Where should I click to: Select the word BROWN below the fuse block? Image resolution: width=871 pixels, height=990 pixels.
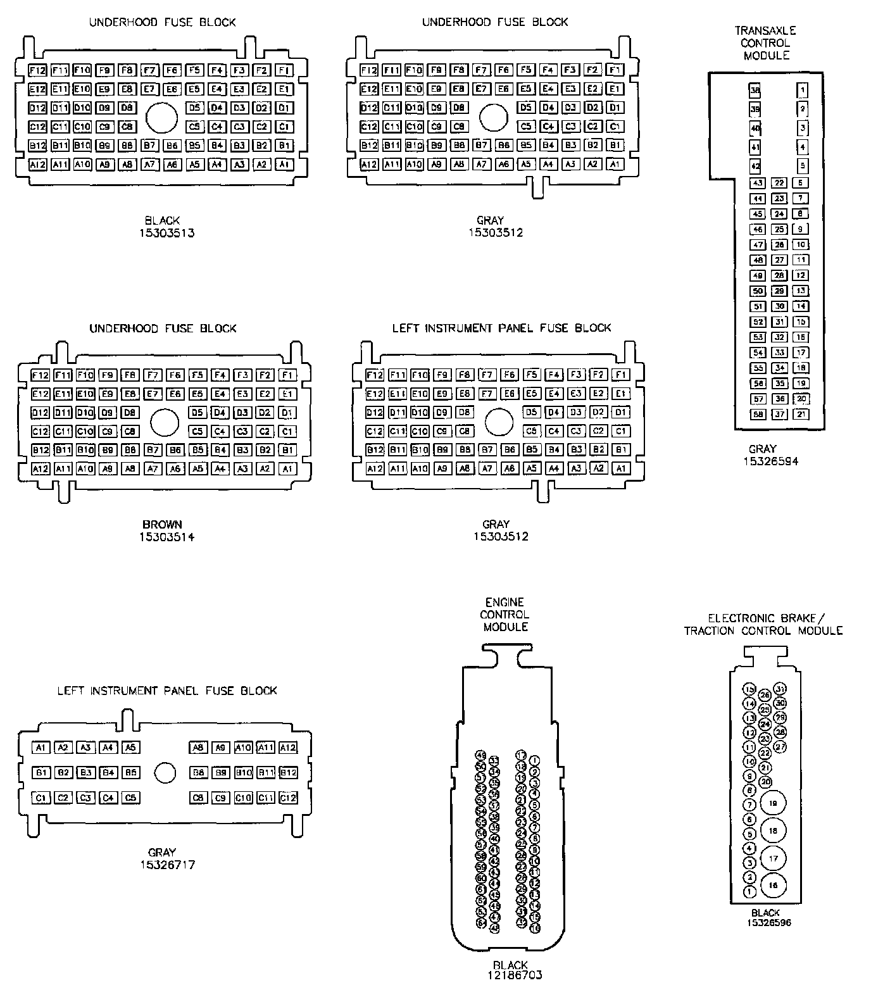[163, 524]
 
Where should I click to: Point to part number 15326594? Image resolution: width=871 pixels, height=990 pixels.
[770, 461]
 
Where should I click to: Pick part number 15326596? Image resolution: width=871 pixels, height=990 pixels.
[768, 922]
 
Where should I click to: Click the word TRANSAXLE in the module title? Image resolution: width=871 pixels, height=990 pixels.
[765, 30]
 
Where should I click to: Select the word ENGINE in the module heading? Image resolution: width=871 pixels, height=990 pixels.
[504, 602]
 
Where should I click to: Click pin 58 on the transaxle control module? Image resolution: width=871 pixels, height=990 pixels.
[758, 415]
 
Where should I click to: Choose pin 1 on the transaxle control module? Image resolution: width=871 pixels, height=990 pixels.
[802, 91]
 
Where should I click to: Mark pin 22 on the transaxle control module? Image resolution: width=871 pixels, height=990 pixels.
[779, 183]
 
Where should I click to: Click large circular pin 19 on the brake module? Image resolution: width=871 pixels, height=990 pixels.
[773, 803]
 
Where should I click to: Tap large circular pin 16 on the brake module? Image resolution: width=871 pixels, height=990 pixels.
[773, 886]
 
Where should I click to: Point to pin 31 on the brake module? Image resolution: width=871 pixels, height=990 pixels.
[780, 689]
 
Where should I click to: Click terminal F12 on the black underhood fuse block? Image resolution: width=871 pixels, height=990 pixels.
[38, 70]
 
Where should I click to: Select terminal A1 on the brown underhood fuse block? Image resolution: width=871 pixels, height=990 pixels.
[287, 469]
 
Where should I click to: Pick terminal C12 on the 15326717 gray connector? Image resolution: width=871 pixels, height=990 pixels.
[288, 798]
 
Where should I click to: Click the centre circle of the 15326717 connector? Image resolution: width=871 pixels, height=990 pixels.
[165, 772]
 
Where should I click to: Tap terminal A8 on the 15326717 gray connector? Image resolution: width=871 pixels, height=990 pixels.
[199, 748]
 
